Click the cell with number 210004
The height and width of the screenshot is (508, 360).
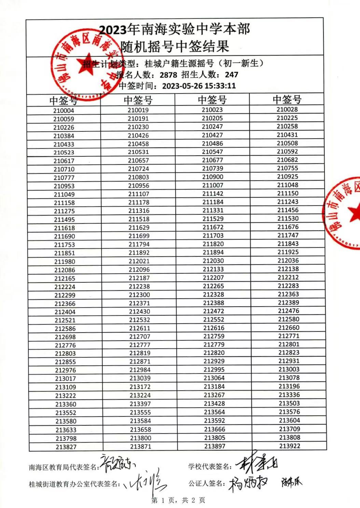click(64, 111)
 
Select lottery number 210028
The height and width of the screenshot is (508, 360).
click(287, 110)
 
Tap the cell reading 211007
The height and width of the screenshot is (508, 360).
click(212, 185)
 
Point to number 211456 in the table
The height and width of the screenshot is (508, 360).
click(288, 210)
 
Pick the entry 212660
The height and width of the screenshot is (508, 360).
click(289, 328)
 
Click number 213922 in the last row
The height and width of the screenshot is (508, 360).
click(290, 446)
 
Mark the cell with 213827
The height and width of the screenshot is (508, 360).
click(66, 447)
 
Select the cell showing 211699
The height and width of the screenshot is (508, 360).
click(139, 236)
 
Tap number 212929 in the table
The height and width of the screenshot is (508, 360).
click(214, 361)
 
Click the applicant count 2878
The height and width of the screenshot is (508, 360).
click(168, 75)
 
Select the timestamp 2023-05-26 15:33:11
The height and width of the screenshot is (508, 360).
click(199, 86)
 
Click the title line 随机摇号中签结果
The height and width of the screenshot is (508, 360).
click(175, 46)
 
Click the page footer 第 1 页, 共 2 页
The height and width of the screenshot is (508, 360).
click(178, 500)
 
